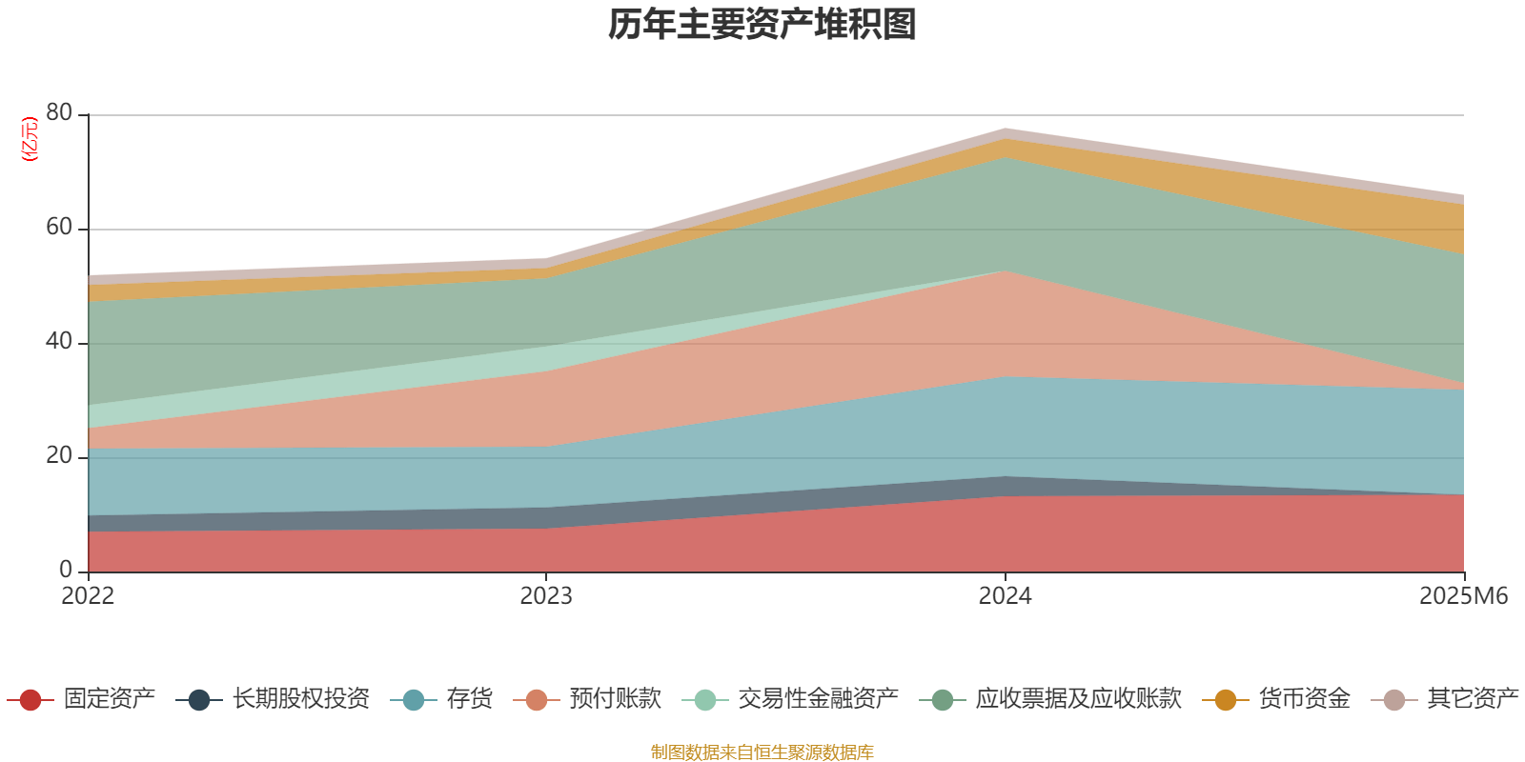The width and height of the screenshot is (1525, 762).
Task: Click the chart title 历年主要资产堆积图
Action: (762, 26)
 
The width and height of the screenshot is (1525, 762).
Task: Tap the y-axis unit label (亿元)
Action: (30, 139)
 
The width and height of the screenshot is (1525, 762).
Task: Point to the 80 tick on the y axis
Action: (59, 113)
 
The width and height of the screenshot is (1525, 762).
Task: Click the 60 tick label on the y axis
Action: (59, 228)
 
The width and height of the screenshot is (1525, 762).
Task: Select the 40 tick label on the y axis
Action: (59, 342)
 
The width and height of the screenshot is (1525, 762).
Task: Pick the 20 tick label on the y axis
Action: (59, 456)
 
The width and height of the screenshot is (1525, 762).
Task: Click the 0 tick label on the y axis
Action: (66, 571)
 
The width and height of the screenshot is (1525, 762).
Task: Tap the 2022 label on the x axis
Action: (88, 596)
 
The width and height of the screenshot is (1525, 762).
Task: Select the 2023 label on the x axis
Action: (546, 596)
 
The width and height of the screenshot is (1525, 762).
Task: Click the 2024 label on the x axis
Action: (1005, 596)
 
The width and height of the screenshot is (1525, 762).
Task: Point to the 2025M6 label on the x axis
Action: (1463, 596)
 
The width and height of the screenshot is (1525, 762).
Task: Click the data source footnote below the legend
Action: (762, 752)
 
